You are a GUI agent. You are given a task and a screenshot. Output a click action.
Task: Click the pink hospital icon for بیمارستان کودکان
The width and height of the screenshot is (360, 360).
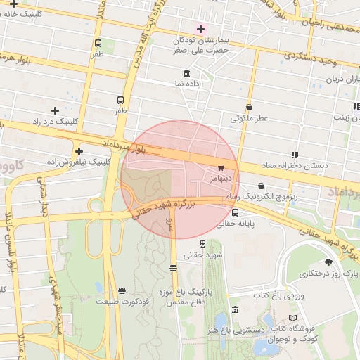tap(202, 29)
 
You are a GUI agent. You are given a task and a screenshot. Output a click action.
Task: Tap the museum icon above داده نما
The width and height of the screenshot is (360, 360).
tap(186, 73)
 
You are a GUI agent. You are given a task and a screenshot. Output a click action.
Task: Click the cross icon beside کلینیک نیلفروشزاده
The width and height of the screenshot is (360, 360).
tap(79, 151)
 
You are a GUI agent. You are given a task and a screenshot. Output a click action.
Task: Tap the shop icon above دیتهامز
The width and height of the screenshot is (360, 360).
tap(221, 168)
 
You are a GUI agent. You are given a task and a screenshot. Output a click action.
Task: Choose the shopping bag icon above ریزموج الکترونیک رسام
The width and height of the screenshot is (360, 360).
tap(262, 186)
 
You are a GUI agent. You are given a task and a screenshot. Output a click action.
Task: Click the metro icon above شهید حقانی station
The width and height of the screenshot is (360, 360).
tap(203, 244)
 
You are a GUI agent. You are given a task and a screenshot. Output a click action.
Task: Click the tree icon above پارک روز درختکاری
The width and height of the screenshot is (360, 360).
tap(327, 261)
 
